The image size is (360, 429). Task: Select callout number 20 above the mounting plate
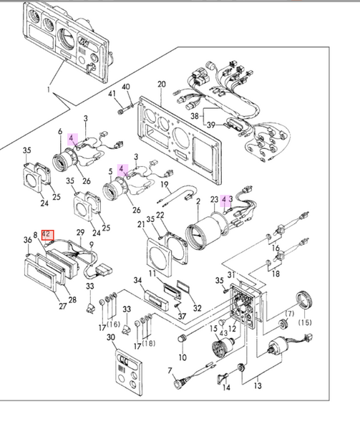pyautogui.click(x=162, y=85)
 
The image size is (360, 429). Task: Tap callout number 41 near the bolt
pyautogui.click(x=112, y=94)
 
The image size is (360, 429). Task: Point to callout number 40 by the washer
pyautogui.click(x=126, y=87)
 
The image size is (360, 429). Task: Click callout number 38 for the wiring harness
pyautogui.click(x=195, y=116)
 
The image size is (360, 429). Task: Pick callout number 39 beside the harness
pyautogui.click(x=210, y=125)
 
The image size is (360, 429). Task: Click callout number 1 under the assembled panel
pyautogui.click(x=49, y=90)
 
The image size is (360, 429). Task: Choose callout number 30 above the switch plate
pyautogui.click(x=111, y=337)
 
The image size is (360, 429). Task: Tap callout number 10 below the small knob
pyautogui.click(x=183, y=357)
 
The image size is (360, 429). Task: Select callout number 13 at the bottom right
pyautogui.click(x=258, y=386)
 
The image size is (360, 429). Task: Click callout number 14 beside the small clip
pyautogui.click(x=226, y=387)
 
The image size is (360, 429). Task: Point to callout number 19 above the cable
pyautogui.click(x=165, y=184)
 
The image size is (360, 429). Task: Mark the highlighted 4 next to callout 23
pyautogui.click(x=224, y=199)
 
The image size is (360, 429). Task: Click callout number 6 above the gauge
pyautogui.click(x=60, y=132)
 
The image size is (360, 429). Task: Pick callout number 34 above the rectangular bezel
pyautogui.click(x=137, y=281)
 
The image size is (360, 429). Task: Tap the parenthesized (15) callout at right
pyautogui.click(x=305, y=322)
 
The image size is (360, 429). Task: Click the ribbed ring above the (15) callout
pyautogui.click(x=305, y=300)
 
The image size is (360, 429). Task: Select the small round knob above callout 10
pyautogui.click(x=182, y=338)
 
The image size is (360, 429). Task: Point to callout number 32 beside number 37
pyautogui.click(x=197, y=308)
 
